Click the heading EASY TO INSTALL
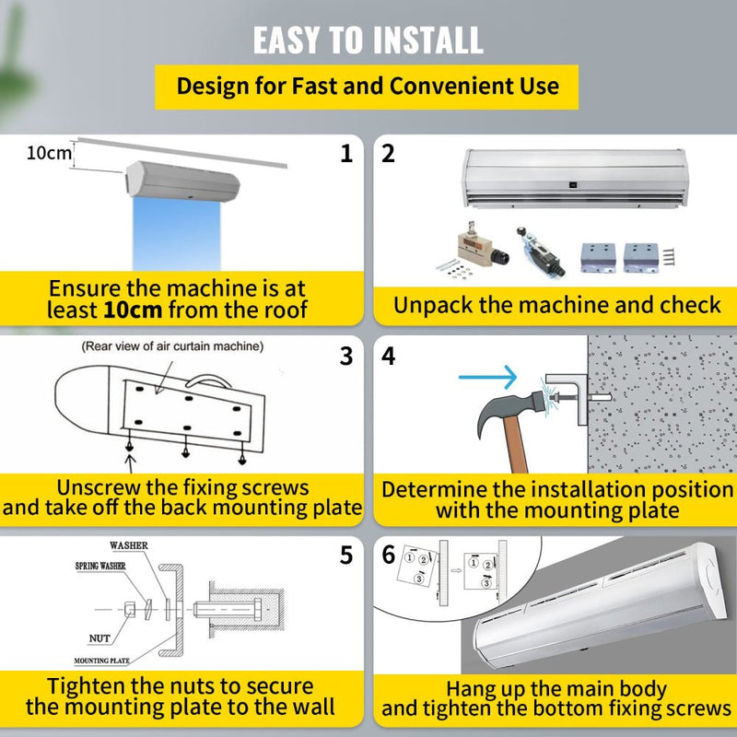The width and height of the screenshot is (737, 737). point(368,40)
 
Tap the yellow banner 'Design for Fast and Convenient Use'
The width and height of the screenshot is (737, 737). point(368,87)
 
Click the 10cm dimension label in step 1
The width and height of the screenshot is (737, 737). point(48,153)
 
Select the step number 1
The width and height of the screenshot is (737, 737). point(346,154)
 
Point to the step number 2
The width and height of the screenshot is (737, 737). point(389,154)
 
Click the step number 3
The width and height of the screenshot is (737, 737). point(346,356)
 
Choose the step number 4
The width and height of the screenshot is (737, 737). point(389,356)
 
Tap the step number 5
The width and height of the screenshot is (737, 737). point(346,556)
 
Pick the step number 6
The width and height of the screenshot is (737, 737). point(389,556)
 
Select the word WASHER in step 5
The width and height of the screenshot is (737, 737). point(128,546)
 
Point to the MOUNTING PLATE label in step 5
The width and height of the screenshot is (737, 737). point(102,661)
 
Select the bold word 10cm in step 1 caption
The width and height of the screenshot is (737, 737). point(133,310)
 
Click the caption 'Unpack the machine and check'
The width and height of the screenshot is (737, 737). point(556,305)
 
